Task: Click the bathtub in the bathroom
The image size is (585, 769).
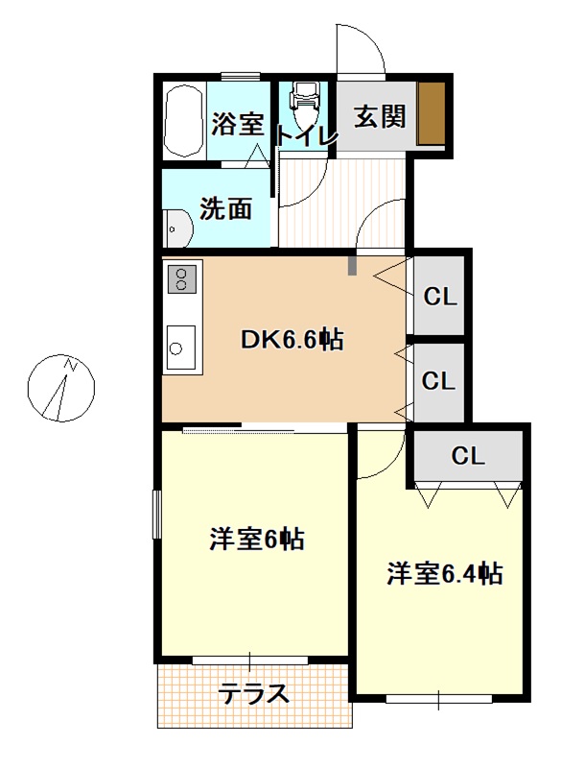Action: (183, 121)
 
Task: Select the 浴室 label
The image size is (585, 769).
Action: (238, 124)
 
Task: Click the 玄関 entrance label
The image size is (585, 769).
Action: (380, 117)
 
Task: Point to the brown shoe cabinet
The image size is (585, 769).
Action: (431, 112)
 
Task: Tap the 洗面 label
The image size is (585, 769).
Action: (225, 209)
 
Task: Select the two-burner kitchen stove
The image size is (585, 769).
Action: (182, 279)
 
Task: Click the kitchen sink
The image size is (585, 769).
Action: (181, 348)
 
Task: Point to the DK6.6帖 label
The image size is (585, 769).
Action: (292, 340)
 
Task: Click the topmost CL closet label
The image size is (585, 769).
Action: (440, 297)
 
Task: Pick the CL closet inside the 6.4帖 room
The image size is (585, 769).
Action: (468, 456)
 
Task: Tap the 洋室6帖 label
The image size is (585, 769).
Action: (257, 539)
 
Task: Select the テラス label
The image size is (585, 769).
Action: (253, 693)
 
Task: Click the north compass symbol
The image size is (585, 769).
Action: (60, 388)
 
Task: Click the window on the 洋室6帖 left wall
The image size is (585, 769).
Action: (156, 515)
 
